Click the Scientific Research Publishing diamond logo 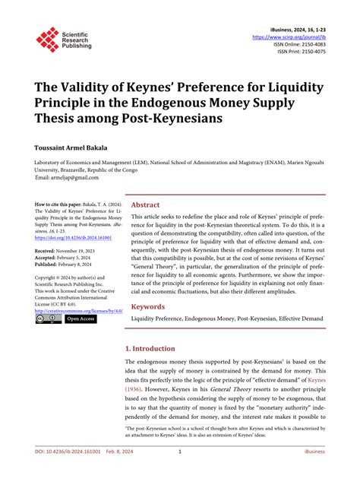[x=47, y=40]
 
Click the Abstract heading [x=145, y=204]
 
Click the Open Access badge [x=81, y=318]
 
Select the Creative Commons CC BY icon [x=49, y=318]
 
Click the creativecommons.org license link [x=79, y=310]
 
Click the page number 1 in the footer [x=180, y=473]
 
